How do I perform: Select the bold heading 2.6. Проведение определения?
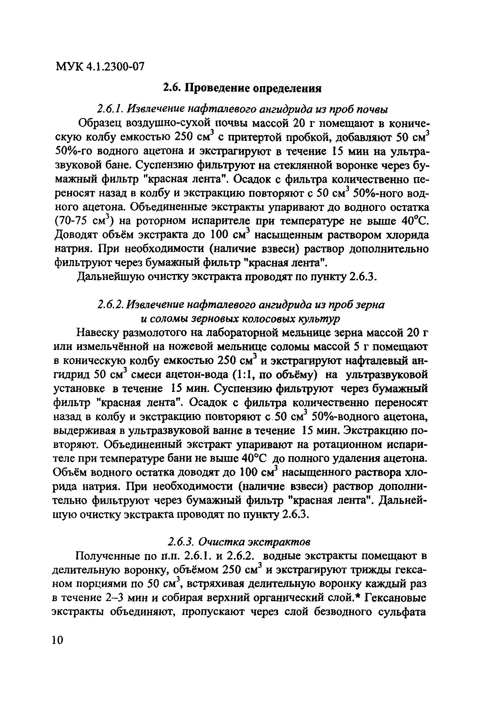tap(242, 89)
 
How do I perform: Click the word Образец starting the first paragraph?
tap(100, 124)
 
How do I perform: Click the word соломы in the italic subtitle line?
tap(169, 319)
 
